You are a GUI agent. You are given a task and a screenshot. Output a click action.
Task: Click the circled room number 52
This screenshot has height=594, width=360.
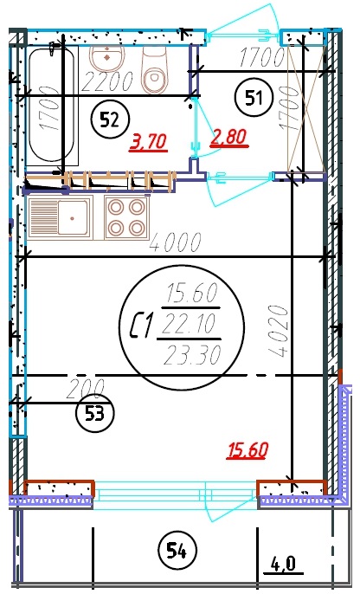click(x=110, y=119)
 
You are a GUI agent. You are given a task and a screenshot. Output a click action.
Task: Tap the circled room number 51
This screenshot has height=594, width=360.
click(x=254, y=97)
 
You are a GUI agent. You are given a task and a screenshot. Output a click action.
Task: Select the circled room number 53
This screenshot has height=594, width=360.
click(x=94, y=413)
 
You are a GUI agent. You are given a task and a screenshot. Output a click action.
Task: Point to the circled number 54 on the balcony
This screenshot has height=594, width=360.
click(x=177, y=551)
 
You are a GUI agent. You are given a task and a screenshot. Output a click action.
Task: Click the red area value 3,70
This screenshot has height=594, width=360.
click(x=148, y=142)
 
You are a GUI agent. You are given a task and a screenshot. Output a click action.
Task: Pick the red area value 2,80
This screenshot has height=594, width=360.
click(x=229, y=137)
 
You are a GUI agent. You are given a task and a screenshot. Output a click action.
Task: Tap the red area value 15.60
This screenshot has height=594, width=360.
click(x=247, y=450)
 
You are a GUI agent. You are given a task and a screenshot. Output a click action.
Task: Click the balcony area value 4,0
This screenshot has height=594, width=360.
click(x=283, y=565)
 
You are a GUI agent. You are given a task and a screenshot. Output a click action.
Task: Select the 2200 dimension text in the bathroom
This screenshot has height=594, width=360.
click(x=107, y=81)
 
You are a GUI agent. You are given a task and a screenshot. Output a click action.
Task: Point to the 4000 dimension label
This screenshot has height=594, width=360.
click(x=176, y=242)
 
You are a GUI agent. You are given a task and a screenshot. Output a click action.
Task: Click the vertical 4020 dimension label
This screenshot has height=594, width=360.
click(x=279, y=332)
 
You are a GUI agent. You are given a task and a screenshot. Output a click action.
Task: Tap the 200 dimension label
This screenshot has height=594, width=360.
click(x=85, y=389)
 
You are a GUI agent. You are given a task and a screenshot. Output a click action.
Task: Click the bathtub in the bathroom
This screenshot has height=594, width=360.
click(x=52, y=105)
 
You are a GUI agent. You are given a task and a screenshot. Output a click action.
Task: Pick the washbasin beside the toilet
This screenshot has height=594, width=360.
click(x=107, y=59)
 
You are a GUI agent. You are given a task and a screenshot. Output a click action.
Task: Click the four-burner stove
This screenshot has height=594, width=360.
click(x=127, y=218)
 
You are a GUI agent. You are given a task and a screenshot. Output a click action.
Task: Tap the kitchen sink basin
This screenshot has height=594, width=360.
click(x=73, y=217)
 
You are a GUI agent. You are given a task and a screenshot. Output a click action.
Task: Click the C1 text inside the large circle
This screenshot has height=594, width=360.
click(x=142, y=325)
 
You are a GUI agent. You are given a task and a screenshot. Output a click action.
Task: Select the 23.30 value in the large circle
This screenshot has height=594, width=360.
click(x=192, y=355)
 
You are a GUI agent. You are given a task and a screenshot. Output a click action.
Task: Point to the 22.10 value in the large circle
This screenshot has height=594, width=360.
click(x=188, y=323)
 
